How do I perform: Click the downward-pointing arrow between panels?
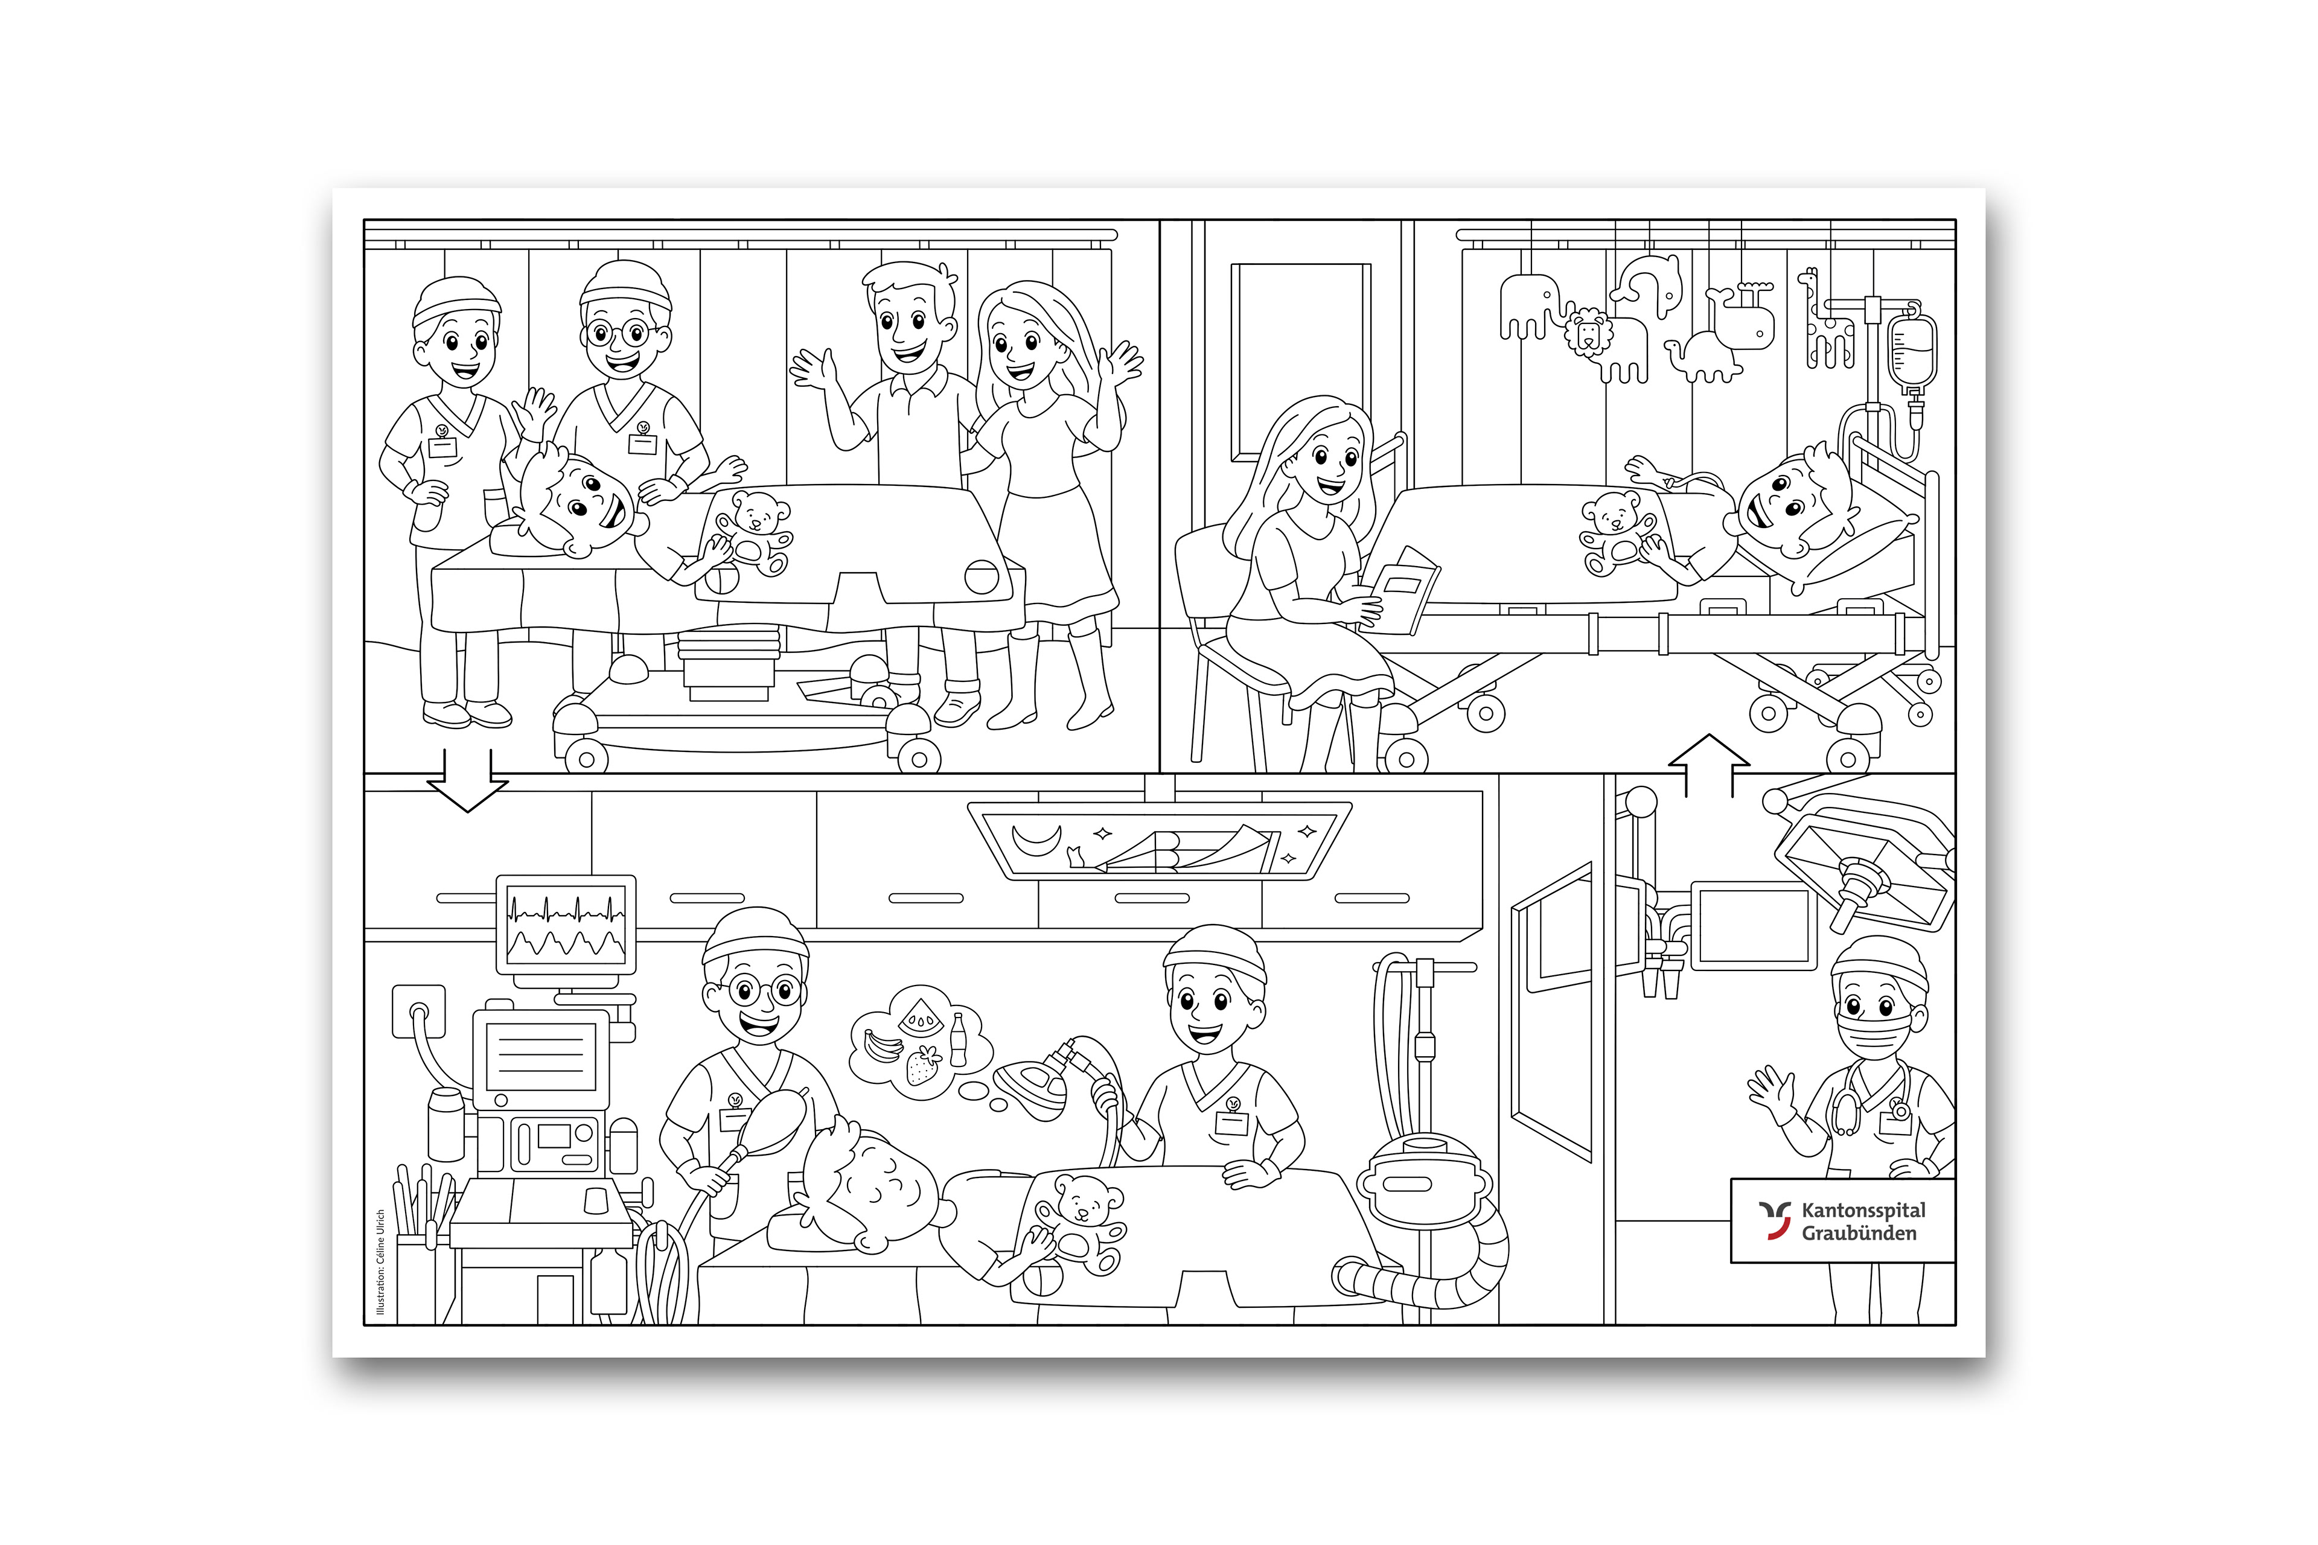(467, 782)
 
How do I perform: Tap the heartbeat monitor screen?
(566, 924)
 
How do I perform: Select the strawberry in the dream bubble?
(924, 1066)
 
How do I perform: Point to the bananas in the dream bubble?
(881, 1045)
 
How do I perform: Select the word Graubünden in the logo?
(1859, 1234)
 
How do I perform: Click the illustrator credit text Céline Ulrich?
(380, 1262)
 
